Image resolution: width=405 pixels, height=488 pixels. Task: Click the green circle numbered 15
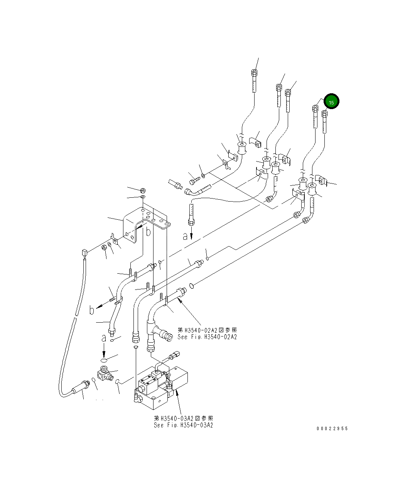(x=331, y=102)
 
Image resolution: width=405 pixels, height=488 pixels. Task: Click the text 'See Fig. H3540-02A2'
(x=207, y=337)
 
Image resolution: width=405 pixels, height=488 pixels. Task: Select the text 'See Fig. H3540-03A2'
(x=183, y=425)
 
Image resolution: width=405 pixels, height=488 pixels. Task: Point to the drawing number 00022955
(x=332, y=429)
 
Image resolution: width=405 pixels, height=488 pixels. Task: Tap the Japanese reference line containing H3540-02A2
(x=207, y=330)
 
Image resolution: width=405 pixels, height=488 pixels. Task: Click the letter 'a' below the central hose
(x=186, y=236)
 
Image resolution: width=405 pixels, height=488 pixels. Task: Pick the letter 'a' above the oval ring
(x=103, y=338)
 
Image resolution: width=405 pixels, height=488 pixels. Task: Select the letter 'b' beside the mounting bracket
(x=148, y=232)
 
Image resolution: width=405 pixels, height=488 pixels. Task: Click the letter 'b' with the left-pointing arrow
(x=92, y=310)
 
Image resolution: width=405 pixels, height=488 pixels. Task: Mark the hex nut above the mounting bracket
(x=142, y=190)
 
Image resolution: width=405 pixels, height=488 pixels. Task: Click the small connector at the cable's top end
(x=84, y=253)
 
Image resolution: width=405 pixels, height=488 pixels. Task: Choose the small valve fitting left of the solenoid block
(x=104, y=374)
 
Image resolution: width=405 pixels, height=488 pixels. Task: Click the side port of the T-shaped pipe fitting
(x=166, y=336)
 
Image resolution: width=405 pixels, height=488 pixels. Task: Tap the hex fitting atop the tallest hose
(x=254, y=72)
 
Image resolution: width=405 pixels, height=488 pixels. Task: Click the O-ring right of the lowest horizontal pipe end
(x=191, y=286)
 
